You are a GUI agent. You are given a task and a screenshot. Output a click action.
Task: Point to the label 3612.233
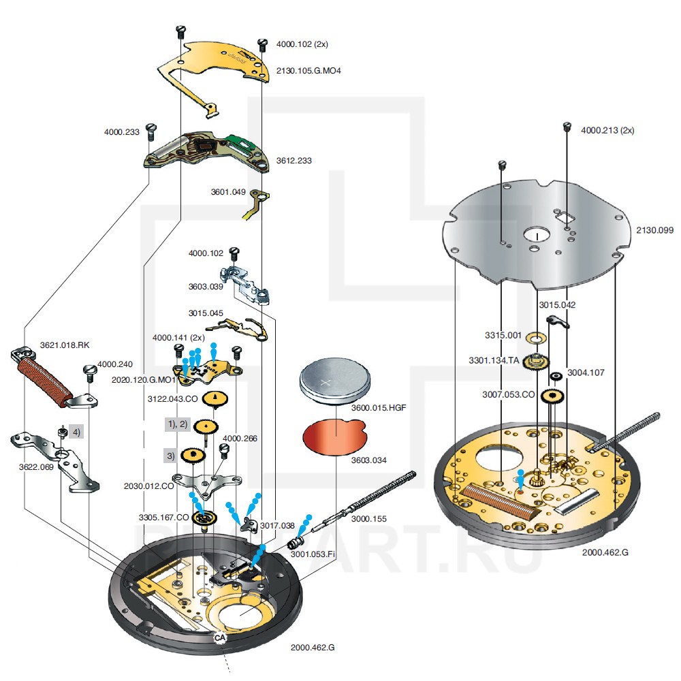tap(294, 161)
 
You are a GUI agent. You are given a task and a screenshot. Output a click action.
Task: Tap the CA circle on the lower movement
tap(219, 637)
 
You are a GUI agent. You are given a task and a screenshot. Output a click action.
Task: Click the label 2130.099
tap(654, 231)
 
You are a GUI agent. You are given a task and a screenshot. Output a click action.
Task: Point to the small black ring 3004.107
tap(556, 376)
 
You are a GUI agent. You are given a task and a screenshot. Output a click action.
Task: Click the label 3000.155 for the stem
tap(369, 519)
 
